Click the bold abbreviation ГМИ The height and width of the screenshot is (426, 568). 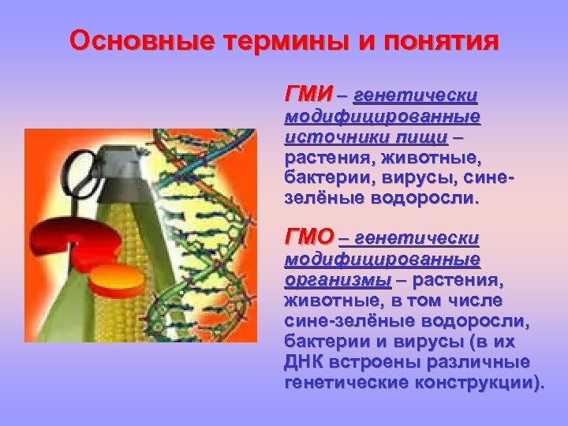tap(308, 94)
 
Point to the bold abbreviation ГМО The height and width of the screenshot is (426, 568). tap(309, 237)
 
